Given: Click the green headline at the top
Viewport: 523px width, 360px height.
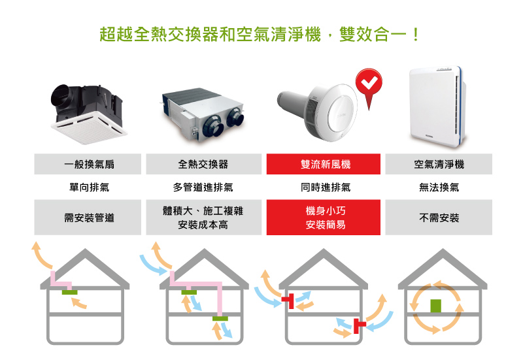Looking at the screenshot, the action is (259, 35).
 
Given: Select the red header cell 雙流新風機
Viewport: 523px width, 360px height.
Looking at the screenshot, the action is (323, 164).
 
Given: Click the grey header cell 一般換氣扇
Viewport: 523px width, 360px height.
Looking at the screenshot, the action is (88, 164).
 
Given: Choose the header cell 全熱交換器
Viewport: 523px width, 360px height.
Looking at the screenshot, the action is (204, 164).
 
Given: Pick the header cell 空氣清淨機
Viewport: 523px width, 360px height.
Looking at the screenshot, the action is (439, 164).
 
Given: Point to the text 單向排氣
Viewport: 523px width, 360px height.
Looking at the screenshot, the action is (89, 188).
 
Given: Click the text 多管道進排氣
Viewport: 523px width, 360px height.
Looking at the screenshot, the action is (203, 188).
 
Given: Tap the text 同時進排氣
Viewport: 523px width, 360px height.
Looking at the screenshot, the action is (326, 188).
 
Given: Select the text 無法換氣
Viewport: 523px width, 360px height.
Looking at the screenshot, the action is (439, 188).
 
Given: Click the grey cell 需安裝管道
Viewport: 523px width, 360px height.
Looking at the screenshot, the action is (88, 218).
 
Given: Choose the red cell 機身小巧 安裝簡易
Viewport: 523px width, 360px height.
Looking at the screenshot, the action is (323, 218).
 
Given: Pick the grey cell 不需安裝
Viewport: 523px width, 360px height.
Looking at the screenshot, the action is (439, 218).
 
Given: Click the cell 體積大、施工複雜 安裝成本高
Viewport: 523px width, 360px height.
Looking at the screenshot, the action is (204, 218).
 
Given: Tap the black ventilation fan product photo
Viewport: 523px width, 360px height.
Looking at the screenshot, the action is (88, 114).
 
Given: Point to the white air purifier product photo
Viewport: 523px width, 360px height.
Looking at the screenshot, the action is (437, 106).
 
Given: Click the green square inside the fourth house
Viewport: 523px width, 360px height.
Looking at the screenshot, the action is (435, 306).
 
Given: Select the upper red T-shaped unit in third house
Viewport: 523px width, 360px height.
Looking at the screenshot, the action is (288, 301).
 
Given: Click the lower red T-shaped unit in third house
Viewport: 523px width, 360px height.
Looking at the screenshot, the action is (358, 326).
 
